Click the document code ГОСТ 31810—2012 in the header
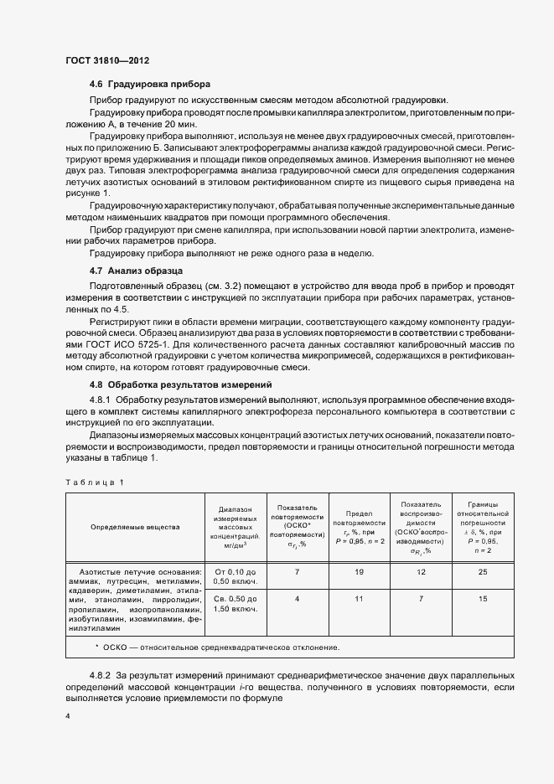pos(108,61)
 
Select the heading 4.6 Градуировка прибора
pos(149,85)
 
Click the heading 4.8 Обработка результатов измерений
pos(182,384)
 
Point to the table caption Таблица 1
pos(95,482)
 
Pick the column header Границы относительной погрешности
pos(483,528)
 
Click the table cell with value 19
pos(359,571)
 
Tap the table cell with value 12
pos(421,571)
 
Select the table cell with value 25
pos(483,571)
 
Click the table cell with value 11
pos(359,599)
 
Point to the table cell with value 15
pos(483,599)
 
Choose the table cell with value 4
pos(297,599)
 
